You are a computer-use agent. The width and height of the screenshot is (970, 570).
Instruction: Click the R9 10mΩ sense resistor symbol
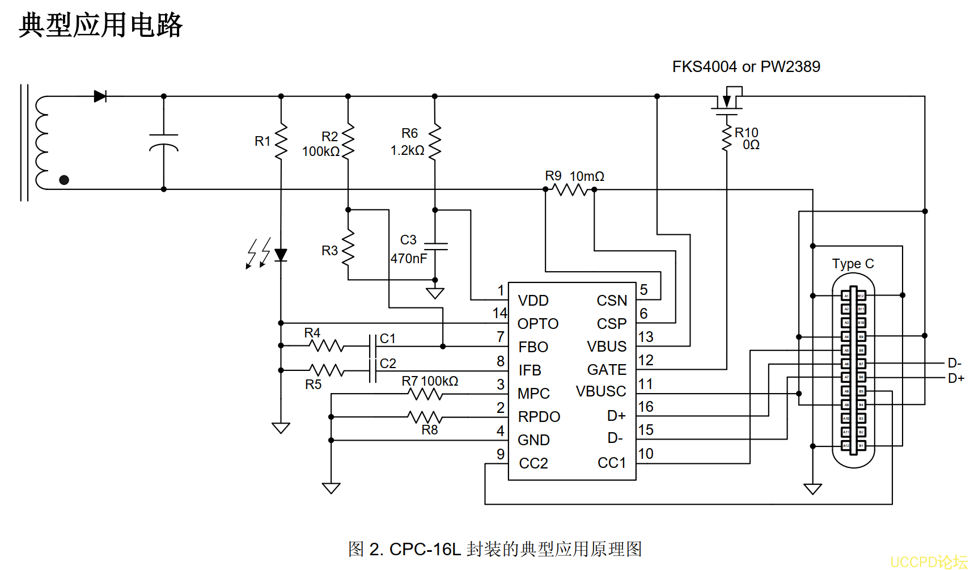pyautogui.click(x=570, y=189)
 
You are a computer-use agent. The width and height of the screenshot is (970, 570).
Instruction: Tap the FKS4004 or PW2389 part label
pyautogui.click(x=745, y=67)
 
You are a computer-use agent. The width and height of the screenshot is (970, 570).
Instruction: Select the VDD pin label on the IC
pyautogui.click(x=533, y=301)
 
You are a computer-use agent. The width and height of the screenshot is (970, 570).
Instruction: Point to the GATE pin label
pyautogui.click(x=607, y=370)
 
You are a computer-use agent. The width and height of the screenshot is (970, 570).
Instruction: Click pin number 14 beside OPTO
pyautogui.click(x=499, y=313)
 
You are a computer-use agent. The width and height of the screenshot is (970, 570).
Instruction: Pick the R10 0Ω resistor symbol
pyautogui.click(x=727, y=138)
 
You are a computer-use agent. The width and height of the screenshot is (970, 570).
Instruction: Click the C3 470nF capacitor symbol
pyautogui.click(x=435, y=247)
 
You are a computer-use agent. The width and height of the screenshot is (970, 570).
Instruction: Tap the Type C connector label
pyautogui.click(x=853, y=264)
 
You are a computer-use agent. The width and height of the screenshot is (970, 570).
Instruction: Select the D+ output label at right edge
pyautogui.click(x=956, y=378)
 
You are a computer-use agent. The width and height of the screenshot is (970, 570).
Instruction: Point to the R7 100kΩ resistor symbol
pyautogui.click(x=425, y=394)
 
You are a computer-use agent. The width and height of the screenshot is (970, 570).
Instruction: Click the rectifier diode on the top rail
pyautogui.click(x=100, y=96)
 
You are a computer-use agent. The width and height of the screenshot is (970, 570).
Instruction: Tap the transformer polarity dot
pyautogui.click(x=64, y=180)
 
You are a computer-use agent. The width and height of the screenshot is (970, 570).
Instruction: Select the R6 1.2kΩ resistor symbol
pyautogui.click(x=435, y=142)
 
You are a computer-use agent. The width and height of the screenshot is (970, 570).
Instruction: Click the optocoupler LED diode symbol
pyautogui.click(x=281, y=255)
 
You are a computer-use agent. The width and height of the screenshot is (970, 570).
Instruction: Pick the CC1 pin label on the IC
pyautogui.click(x=612, y=463)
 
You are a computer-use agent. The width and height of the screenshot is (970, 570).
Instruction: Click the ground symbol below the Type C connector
pyautogui.click(x=812, y=488)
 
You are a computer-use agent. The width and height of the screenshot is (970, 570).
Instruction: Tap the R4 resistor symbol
pyautogui.click(x=327, y=345)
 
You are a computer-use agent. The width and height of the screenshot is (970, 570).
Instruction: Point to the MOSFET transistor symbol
pyautogui.click(x=727, y=102)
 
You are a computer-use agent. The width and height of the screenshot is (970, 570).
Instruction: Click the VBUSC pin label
pyautogui.click(x=601, y=392)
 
